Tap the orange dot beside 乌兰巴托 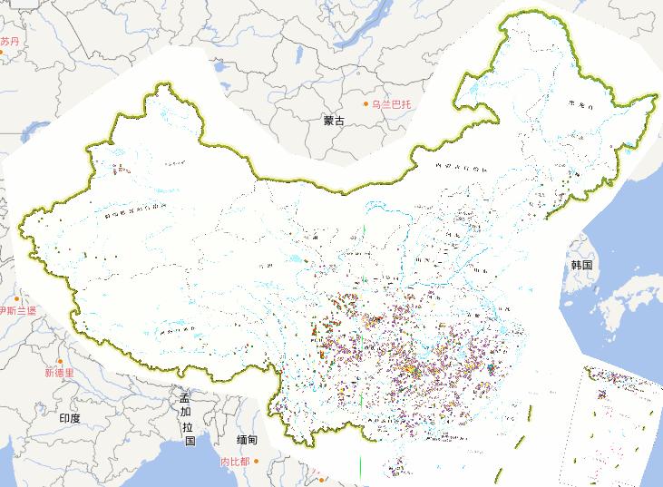tap(368, 103)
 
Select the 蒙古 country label tap(334, 121)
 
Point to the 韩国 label tap(580, 265)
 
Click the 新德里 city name tap(59, 373)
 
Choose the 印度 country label tap(70, 418)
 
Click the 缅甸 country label tap(247, 440)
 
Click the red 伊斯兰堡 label tap(18, 310)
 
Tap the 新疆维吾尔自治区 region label tap(136, 211)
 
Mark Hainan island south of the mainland tap(396, 467)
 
